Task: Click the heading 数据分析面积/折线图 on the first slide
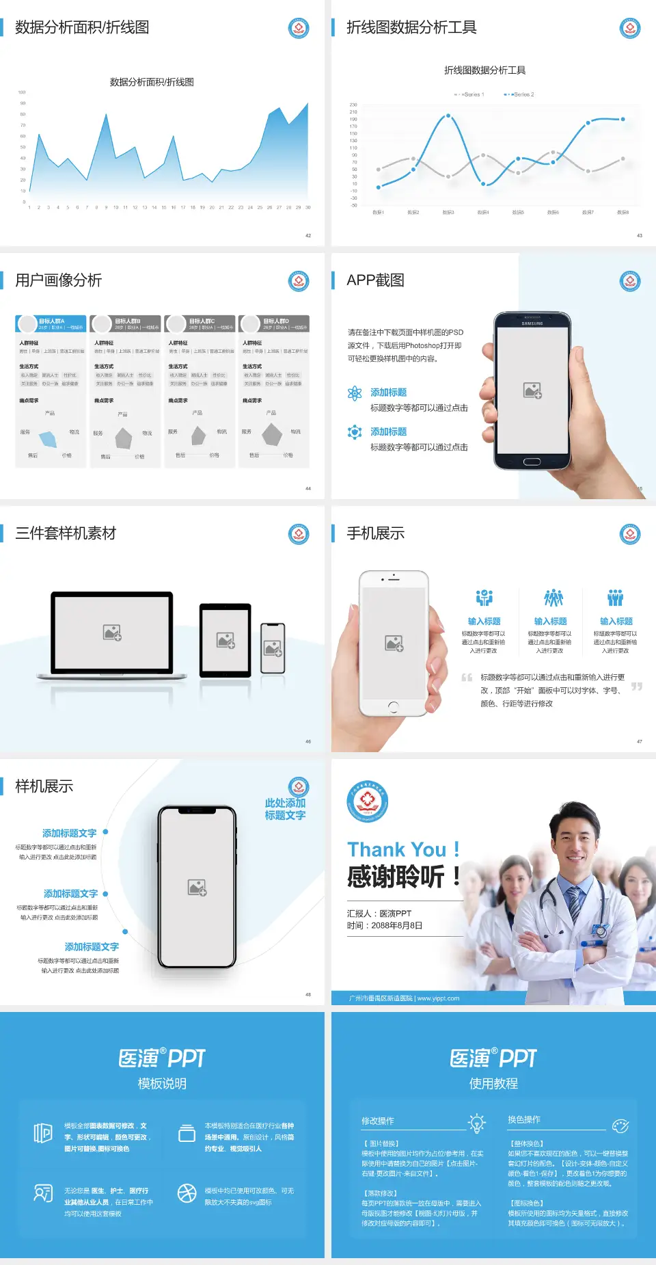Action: pos(82,27)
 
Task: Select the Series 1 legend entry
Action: pos(470,94)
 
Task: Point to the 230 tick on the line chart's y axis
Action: pos(353,105)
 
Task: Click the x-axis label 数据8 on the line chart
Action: pos(623,213)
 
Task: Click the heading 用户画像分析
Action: pos(59,280)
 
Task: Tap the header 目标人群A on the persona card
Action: pos(52,321)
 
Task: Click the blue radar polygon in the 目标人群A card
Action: pos(49,438)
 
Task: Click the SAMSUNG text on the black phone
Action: pos(532,323)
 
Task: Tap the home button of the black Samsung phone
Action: pos(532,462)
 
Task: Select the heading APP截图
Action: pos(375,280)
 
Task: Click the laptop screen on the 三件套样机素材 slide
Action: pos(112,632)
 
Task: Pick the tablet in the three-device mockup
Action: pos(225,640)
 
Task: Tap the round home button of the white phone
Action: pos(393,706)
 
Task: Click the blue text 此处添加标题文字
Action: pos(285,809)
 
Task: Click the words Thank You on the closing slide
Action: pos(396,849)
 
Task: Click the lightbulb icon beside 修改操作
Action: pos(476,1123)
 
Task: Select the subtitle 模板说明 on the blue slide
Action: pos(162,1084)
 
